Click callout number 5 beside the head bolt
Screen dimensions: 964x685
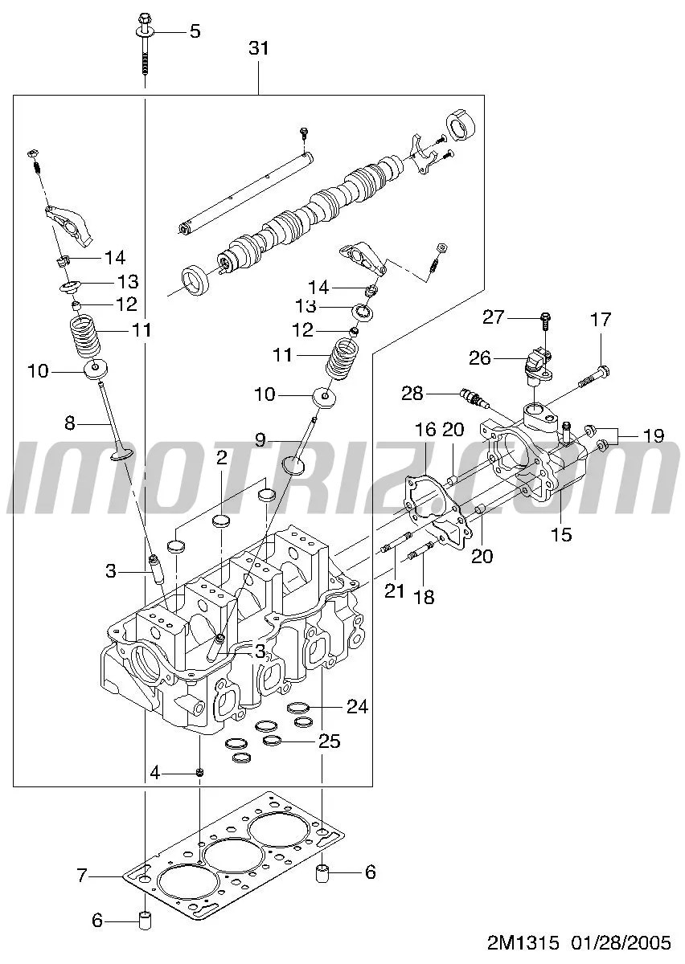pyautogui.click(x=195, y=31)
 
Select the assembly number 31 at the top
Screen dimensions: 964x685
pyautogui.click(x=258, y=49)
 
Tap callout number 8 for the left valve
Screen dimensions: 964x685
pyautogui.click(x=69, y=421)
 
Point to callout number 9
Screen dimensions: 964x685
pyautogui.click(x=260, y=439)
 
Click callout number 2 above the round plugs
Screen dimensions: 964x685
pyautogui.click(x=221, y=458)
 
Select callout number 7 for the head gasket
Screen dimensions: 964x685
pyautogui.click(x=81, y=876)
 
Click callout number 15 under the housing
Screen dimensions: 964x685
pyautogui.click(x=561, y=534)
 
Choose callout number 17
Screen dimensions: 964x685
pyautogui.click(x=601, y=321)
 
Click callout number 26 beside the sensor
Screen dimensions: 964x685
pyautogui.click(x=480, y=357)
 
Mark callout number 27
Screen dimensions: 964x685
pyautogui.click(x=493, y=317)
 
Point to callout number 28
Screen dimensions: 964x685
pyautogui.click(x=412, y=393)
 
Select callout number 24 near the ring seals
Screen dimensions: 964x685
pyautogui.click(x=357, y=707)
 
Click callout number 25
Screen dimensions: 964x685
pyautogui.click(x=330, y=741)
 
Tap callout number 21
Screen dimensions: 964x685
pyautogui.click(x=394, y=592)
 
